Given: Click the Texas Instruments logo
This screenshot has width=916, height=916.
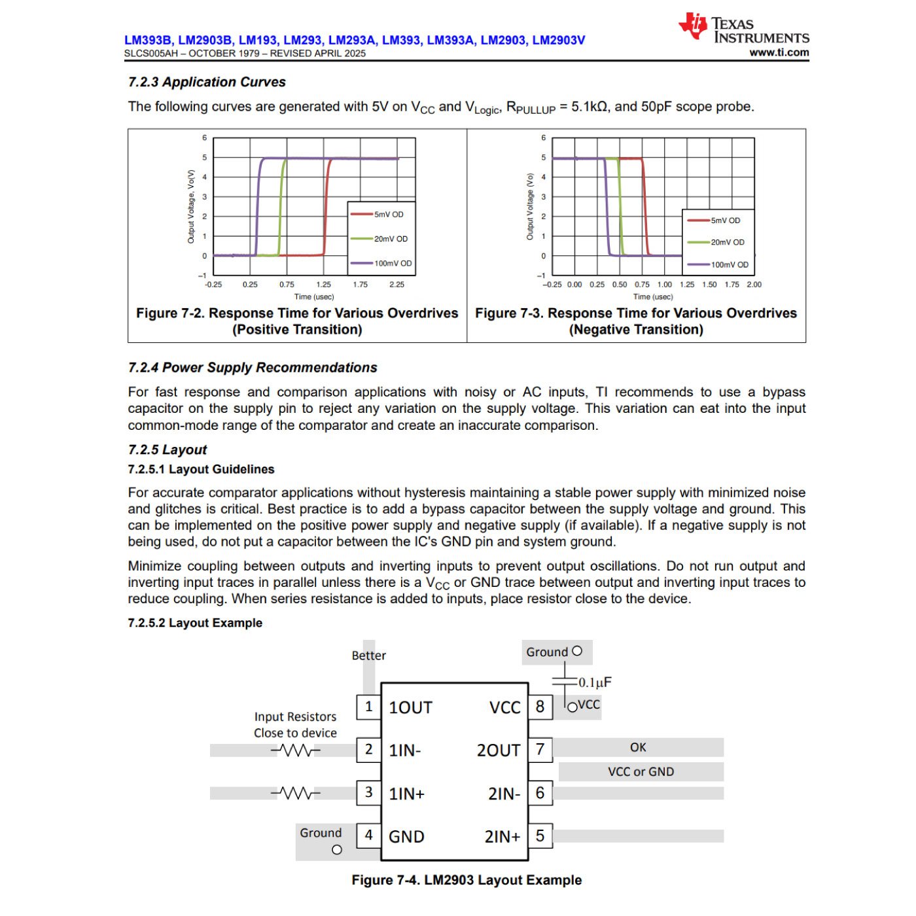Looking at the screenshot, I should click(x=744, y=29).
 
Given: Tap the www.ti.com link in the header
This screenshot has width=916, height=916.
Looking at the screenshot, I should click(x=779, y=53).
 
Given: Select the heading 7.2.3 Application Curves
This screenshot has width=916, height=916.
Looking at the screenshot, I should click(x=207, y=82).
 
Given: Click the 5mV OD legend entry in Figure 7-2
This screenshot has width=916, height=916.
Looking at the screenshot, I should click(x=389, y=215).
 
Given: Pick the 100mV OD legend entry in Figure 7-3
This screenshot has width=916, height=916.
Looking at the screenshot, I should click(x=730, y=265).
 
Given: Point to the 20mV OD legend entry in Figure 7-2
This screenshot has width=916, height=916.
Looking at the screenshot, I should click(x=391, y=239).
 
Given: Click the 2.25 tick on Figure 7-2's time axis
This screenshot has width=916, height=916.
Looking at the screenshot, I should click(x=396, y=285).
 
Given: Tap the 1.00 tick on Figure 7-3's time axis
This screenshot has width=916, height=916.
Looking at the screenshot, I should click(x=664, y=285).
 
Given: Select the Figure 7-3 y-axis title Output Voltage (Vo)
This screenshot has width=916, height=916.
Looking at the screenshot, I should click(x=530, y=206).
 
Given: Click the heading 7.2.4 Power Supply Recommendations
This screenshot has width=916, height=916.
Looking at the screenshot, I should click(x=253, y=368).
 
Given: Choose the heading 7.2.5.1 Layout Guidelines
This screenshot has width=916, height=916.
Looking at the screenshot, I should click(x=201, y=469).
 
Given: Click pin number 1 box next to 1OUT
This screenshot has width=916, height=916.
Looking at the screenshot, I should click(x=369, y=707).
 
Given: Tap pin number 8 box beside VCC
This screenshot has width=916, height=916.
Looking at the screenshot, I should click(x=540, y=707).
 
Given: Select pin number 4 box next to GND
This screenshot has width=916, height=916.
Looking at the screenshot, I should click(x=369, y=836).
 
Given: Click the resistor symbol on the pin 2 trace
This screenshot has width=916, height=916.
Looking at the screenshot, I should click(x=296, y=750).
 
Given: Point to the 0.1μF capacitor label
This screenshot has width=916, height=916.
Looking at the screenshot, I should click(x=595, y=682).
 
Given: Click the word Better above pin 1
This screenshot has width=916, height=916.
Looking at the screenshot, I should click(x=368, y=656).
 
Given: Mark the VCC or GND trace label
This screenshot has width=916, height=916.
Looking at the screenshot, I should click(x=641, y=772).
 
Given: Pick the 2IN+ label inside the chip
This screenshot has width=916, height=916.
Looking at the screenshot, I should click(x=502, y=837).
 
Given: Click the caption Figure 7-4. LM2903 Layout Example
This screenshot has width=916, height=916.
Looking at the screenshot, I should click(x=467, y=881).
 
